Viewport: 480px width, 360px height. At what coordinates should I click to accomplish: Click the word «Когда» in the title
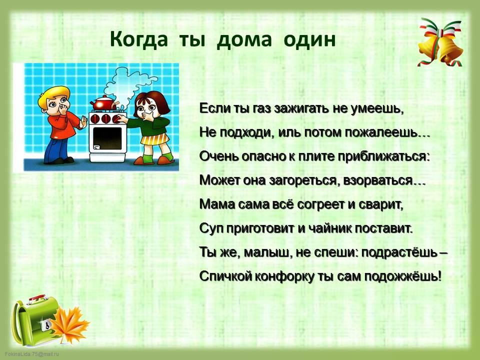click(x=139, y=40)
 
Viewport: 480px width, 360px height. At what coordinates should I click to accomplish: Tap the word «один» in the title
click(x=309, y=40)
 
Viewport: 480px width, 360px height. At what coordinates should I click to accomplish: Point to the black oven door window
click(x=107, y=138)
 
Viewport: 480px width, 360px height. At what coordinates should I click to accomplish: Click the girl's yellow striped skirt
click(x=155, y=139)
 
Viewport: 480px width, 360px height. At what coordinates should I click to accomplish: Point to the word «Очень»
click(x=218, y=156)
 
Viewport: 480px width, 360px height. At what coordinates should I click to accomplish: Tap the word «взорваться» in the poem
click(x=378, y=180)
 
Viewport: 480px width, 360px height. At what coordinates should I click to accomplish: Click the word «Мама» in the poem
click(x=216, y=204)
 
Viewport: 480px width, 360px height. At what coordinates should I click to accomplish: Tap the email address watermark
click(x=32, y=354)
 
